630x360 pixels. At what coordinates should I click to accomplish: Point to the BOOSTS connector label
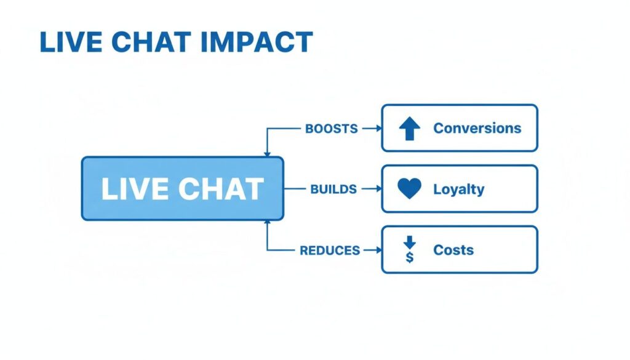point(331,129)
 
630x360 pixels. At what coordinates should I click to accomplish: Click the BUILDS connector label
point(333,189)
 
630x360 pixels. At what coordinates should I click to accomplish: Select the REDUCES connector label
point(330,250)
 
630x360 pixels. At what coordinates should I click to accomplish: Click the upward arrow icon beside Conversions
point(409,129)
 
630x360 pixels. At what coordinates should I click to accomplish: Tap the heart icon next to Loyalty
point(409,189)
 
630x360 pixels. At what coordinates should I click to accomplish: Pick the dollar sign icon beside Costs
point(409,250)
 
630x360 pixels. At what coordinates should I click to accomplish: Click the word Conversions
point(477,129)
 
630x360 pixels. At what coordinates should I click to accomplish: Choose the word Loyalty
point(458,189)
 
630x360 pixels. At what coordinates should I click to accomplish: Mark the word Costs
point(453,250)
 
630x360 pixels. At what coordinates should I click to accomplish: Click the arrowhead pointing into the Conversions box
point(376,129)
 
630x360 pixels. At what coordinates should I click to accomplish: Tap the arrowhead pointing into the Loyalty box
point(376,189)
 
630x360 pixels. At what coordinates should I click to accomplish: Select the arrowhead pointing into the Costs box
point(376,250)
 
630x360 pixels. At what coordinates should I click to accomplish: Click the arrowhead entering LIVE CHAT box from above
point(267,153)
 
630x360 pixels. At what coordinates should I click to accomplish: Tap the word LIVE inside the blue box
point(129,189)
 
